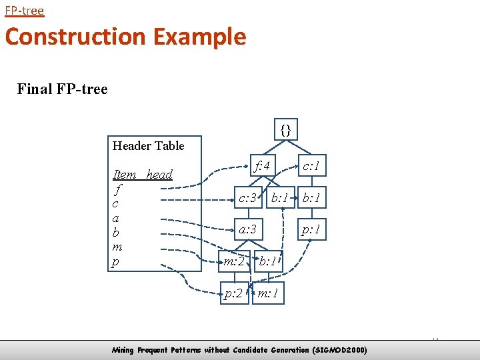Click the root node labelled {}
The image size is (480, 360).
[x=286, y=129]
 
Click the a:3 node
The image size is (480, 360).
[x=248, y=229]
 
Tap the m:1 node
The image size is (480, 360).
[x=269, y=293]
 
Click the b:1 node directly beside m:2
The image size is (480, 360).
[x=269, y=261]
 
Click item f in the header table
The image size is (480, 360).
[x=117, y=189]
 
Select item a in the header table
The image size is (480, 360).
[x=116, y=218]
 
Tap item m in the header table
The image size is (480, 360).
[x=117, y=247]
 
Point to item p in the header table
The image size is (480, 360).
[x=116, y=263]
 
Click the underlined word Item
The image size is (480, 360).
[x=125, y=175]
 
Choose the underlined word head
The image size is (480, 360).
[x=159, y=175]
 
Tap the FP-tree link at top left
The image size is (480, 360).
[x=24, y=11]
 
